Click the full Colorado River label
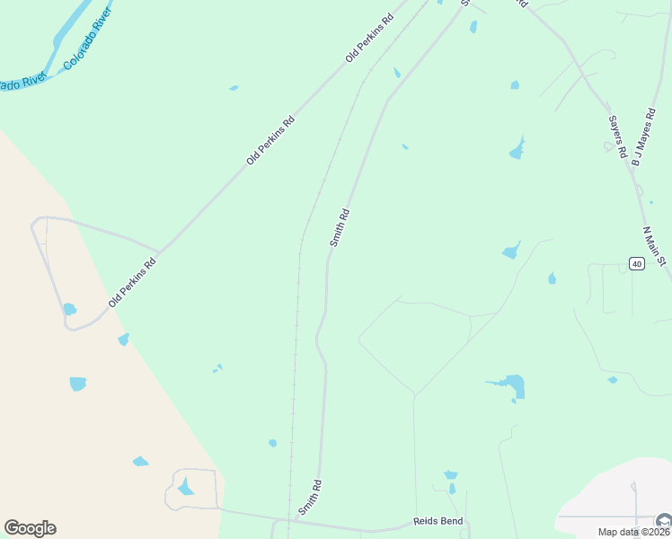click(x=86, y=45)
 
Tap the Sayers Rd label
click(x=616, y=135)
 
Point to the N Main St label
click(x=655, y=246)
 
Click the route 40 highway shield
click(x=636, y=263)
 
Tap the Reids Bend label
click(x=438, y=521)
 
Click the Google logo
click(x=30, y=528)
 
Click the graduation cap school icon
click(x=664, y=521)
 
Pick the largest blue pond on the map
click(x=514, y=386)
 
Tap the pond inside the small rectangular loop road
click(x=186, y=487)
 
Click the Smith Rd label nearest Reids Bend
click(x=310, y=496)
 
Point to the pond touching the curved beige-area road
click(x=69, y=310)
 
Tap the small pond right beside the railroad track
click(x=272, y=443)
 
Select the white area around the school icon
click(x=620, y=494)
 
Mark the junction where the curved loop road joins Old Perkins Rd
click(x=159, y=252)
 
